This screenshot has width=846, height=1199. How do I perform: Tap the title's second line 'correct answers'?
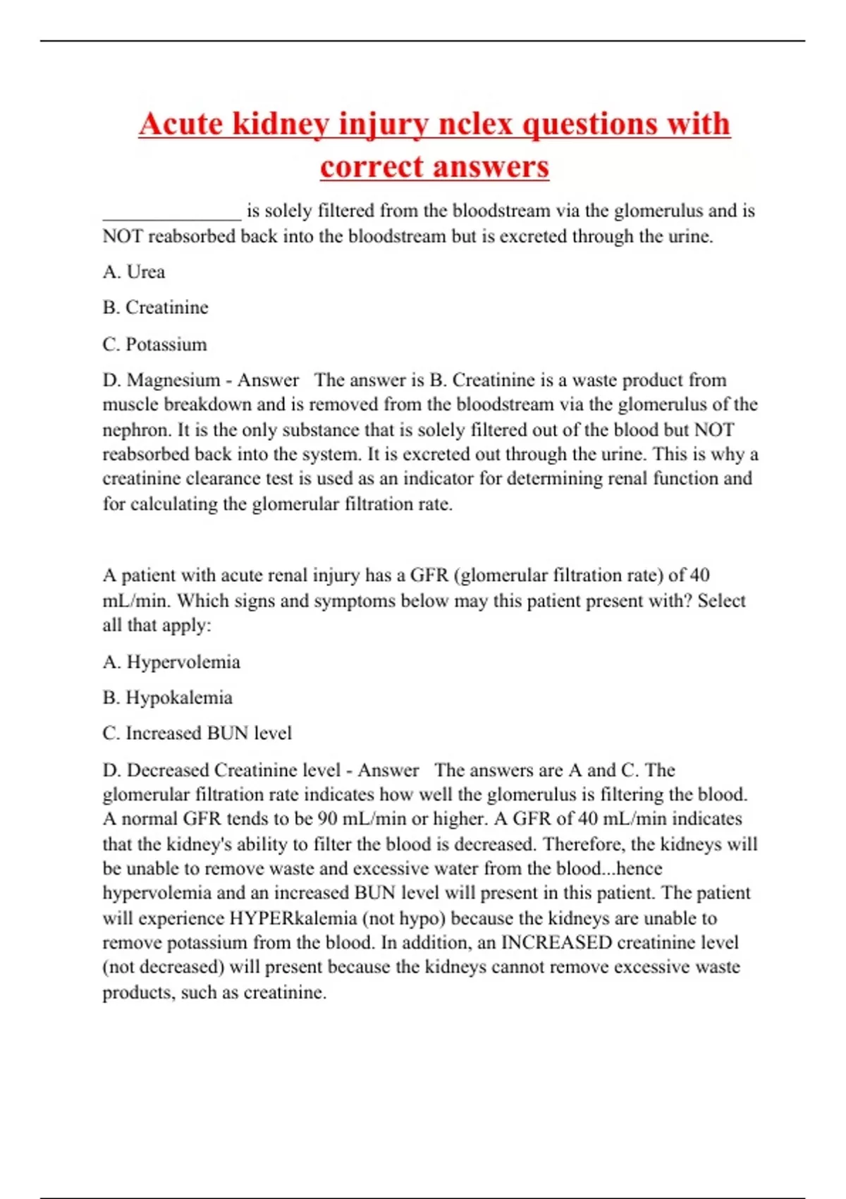(434, 167)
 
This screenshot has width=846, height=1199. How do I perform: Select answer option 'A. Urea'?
(134, 272)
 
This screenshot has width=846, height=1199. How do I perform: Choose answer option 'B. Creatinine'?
(156, 308)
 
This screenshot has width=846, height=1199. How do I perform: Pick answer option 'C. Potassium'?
(155, 344)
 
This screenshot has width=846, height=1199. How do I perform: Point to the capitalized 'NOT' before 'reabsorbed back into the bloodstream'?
(122, 236)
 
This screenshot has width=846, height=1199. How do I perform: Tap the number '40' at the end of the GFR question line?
(699, 576)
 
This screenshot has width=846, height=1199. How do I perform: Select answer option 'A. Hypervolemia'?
(171, 662)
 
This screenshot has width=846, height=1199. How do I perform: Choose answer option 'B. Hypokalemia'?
(168, 698)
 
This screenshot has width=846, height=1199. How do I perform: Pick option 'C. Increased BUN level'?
(197, 734)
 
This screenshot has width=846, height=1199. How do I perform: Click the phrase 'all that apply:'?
(157, 626)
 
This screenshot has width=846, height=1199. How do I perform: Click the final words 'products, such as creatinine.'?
(214, 993)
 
